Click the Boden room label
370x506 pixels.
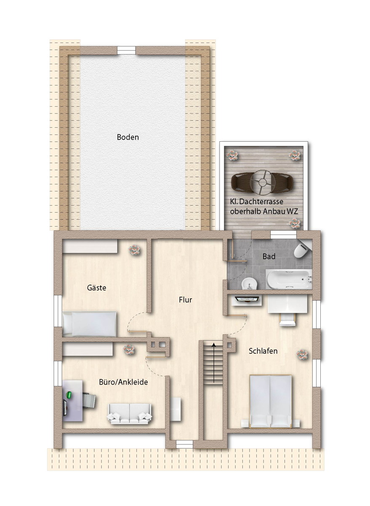pos(128,137)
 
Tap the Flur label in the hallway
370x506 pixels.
pos(185,300)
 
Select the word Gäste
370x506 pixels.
pos(96,288)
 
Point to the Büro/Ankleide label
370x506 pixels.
pos(123,382)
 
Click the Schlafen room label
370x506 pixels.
pos(263,351)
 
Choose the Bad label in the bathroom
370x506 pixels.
pos(269,256)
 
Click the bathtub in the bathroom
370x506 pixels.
pos(289,279)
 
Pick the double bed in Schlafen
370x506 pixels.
pos(271,401)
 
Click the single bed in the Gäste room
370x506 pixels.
pos(89,324)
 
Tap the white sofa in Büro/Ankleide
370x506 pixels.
pos(129,413)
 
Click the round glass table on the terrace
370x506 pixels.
pos(262,182)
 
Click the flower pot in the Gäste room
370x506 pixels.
pos(134,250)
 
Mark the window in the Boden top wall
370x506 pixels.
pos(126,50)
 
